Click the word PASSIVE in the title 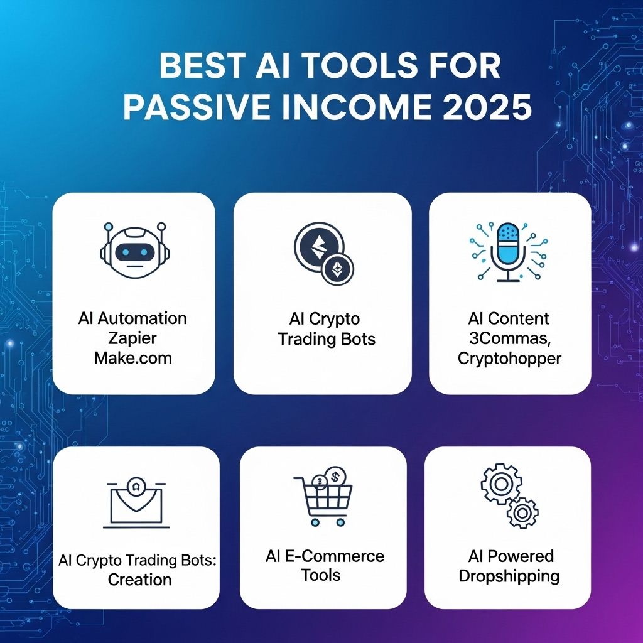(x=197, y=107)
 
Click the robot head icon (x=134, y=250)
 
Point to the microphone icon (x=508, y=252)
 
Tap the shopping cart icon (x=323, y=500)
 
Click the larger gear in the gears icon (x=501, y=484)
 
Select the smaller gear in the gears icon (x=522, y=512)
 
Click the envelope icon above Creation (x=136, y=502)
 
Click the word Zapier (x=132, y=338)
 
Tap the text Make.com (x=133, y=358)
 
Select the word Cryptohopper (x=509, y=359)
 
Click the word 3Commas (x=510, y=338)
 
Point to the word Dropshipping (x=509, y=576)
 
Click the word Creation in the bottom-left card (x=140, y=580)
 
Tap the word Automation (x=143, y=318)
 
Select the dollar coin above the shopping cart (x=335, y=477)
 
